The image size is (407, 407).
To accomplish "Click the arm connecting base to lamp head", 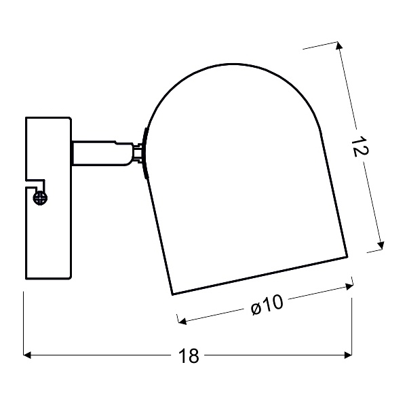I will click(102, 153).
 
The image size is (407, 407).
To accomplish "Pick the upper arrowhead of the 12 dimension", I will click(339, 50).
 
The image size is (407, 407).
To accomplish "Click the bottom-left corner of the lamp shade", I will click(172, 295).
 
